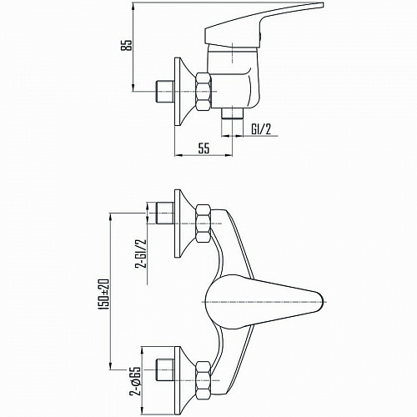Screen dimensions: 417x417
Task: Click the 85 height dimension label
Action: coord(127,45)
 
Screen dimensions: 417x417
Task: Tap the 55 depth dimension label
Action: coord(203,148)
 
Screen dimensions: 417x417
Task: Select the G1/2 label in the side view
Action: coord(261,129)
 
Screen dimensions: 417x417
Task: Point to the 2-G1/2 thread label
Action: coord(141,253)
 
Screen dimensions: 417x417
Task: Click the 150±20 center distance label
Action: coord(105,294)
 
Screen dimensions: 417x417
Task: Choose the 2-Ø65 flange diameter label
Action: coord(135,381)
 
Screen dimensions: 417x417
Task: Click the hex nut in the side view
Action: coord(203,91)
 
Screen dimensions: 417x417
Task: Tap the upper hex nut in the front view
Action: coord(203,224)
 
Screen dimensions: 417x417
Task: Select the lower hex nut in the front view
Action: coord(203,380)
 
